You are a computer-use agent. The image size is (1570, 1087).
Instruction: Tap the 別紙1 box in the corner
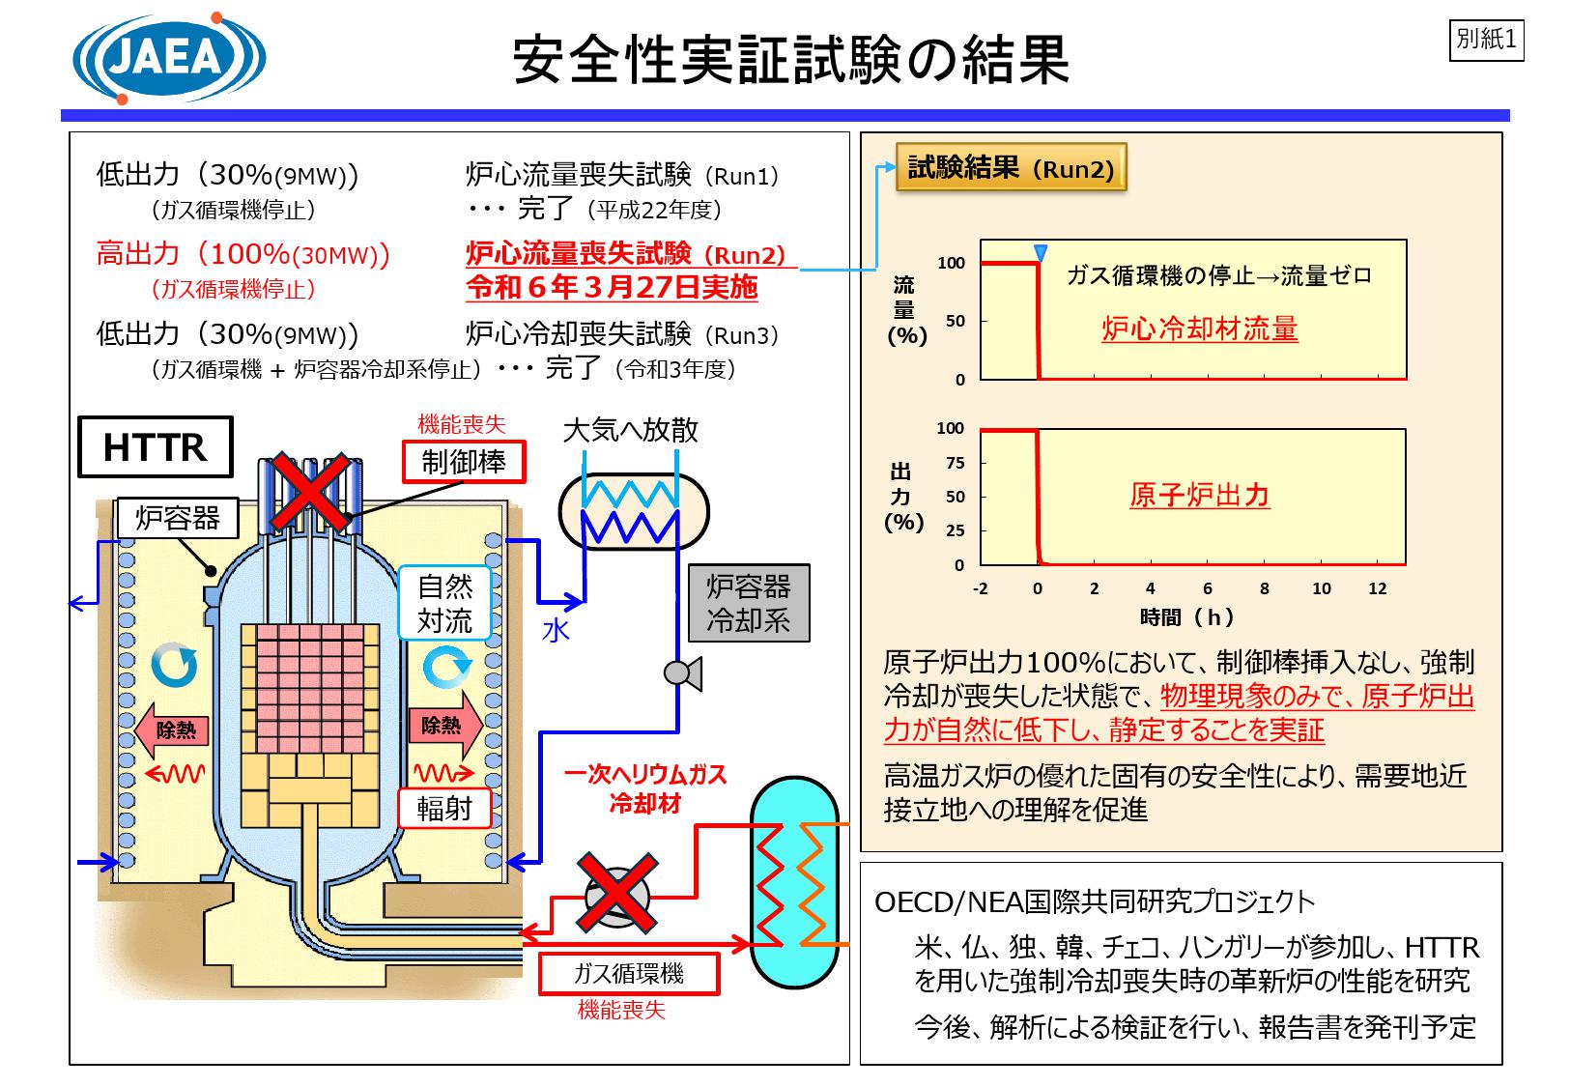tap(1487, 40)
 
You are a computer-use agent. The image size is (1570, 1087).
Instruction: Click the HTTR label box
tap(155, 447)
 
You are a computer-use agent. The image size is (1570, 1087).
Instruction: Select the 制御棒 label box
tap(464, 462)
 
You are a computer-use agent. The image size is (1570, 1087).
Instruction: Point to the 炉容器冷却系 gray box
tap(749, 603)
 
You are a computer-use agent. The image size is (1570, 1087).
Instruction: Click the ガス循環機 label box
tap(629, 973)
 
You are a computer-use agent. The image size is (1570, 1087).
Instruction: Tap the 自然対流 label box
tap(445, 603)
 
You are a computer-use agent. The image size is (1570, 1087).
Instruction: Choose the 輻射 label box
tap(444, 808)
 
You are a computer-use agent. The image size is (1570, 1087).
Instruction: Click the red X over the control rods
tap(309, 493)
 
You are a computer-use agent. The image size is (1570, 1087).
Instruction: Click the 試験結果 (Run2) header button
tap(1012, 169)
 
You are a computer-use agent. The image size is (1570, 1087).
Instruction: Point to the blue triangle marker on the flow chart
tap(1041, 253)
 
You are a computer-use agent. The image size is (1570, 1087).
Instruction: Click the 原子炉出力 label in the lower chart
tap(1199, 496)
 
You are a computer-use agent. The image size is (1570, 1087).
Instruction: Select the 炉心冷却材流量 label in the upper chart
tap(1199, 329)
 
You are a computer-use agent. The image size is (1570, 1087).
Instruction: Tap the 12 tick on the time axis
tap(1378, 588)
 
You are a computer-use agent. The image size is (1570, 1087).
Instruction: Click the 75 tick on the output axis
tap(955, 463)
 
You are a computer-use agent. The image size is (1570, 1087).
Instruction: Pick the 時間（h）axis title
tap(1187, 617)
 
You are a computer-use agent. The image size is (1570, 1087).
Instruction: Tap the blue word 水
tap(556, 631)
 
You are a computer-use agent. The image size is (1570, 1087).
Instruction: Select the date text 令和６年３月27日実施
tap(612, 287)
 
